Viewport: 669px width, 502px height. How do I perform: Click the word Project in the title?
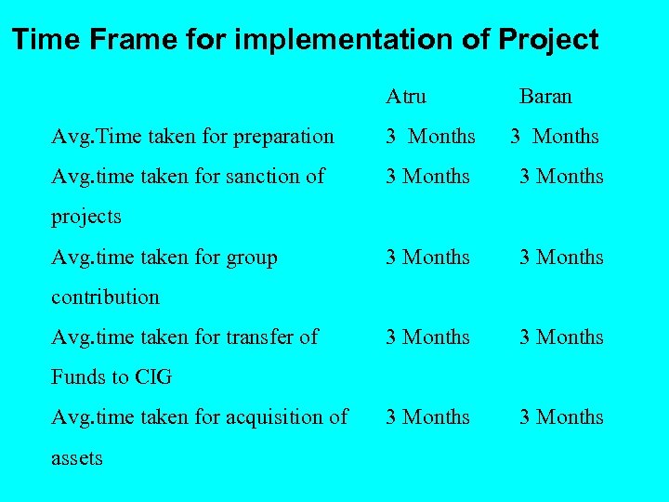(548, 40)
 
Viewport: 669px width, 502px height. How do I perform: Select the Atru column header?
(406, 96)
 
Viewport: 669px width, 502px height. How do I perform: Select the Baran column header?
(545, 96)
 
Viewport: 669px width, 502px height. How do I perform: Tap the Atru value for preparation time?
(431, 137)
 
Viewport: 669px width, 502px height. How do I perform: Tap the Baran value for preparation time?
(555, 137)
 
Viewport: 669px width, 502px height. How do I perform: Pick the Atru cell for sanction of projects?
(428, 177)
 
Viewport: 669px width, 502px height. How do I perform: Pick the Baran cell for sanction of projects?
(561, 177)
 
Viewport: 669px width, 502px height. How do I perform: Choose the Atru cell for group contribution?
(428, 258)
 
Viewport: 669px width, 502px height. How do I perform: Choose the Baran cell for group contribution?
(561, 258)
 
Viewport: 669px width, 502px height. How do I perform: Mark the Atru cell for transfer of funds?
(428, 337)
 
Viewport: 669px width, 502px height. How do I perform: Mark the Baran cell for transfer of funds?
(561, 337)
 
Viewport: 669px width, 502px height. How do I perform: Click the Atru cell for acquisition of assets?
(428, 417)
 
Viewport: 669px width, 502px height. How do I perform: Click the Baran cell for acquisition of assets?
(561, 417)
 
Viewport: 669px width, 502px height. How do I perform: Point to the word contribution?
(105, 297)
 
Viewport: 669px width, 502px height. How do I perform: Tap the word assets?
(77, 458)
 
